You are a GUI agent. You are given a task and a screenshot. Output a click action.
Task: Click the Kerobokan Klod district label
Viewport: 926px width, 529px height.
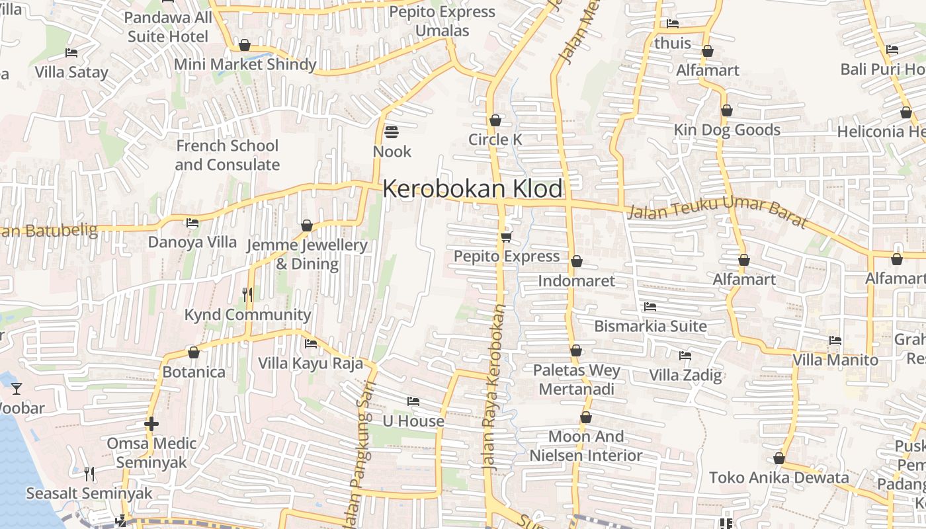472,189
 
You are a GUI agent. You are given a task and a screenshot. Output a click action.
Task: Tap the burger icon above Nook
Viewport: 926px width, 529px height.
392,132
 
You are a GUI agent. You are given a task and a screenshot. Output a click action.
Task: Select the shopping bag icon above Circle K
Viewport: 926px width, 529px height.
495,120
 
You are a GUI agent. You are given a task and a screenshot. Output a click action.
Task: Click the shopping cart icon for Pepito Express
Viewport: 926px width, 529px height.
506,237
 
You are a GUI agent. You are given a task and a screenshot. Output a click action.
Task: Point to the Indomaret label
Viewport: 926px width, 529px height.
576,280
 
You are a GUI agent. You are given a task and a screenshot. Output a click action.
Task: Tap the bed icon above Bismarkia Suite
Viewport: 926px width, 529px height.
650,307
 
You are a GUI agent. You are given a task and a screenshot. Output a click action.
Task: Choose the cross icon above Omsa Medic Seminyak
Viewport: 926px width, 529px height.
151,423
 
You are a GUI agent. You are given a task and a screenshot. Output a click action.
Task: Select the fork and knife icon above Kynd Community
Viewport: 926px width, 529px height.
247,294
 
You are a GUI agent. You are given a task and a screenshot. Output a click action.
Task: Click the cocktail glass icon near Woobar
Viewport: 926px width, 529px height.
17,388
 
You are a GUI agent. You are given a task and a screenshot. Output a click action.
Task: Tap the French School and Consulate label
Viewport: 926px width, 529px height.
227,155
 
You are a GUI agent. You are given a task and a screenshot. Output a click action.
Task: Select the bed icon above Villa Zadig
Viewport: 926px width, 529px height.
685,356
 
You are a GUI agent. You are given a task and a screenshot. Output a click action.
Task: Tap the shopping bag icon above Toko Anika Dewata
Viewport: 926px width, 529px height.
779,458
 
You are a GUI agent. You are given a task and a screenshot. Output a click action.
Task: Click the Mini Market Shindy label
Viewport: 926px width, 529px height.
245,64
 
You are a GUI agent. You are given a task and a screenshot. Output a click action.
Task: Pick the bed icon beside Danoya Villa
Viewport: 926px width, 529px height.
192,223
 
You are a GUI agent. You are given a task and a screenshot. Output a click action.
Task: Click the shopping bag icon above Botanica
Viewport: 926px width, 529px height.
194,352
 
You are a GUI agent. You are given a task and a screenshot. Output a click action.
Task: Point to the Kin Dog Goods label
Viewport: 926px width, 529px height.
727,130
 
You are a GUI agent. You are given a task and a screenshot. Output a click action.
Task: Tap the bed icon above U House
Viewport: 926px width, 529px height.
413,401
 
